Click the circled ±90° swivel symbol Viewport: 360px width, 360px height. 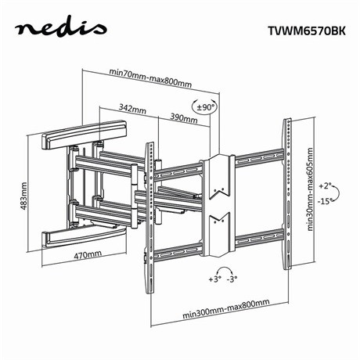(x=204, y=107)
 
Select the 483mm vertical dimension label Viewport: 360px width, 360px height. (x=25, y=195)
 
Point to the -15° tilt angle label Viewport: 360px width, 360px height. (x=325, y=200)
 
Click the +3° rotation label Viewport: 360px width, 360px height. (x=215, y=278)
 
